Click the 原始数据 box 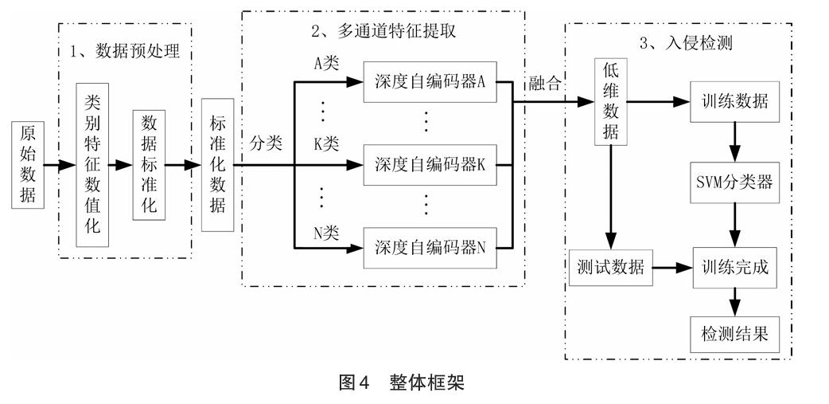click(x=28, y=165)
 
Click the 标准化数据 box click(x=217, y=165)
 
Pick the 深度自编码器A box click(x=430, y=82)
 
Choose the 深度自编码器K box click(x=430, y=165)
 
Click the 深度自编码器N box click(x=430, y=247)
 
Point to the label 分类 click(x=266, y=143)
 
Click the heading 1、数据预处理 click(x=126, y=52)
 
